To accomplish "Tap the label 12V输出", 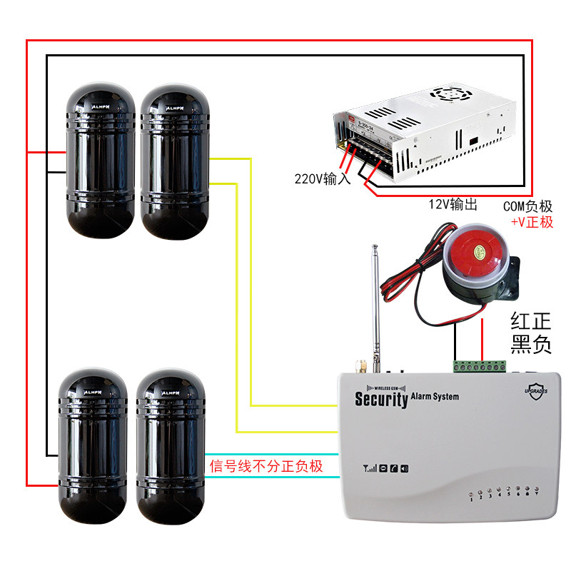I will [452, 205].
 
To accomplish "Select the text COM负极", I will [527, 206].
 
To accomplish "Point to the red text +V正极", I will [532, 222].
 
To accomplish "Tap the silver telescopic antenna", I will [375, 307].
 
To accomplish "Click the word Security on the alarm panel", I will [381, 398].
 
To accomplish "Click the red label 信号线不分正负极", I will [266, 467].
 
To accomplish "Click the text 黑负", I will [531, 345].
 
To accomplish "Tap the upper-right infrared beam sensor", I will [174, 160].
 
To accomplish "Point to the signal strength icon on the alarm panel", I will [369, 469].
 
